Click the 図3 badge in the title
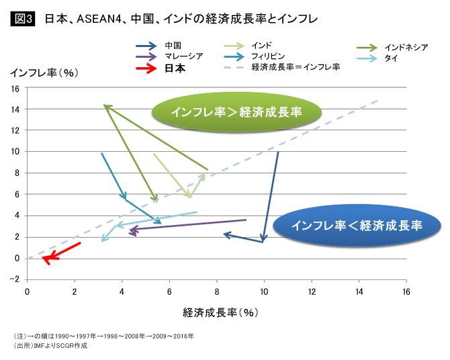click(x=25, y=19)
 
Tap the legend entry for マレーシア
click(x=184, y=56)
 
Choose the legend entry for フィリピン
click(x=268, y=56)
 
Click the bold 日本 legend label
click(x=175, y=68)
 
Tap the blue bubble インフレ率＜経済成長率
click(x=357, y=226)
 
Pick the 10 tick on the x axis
click(x=264, y=291)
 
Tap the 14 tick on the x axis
click(x=359, y=291)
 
